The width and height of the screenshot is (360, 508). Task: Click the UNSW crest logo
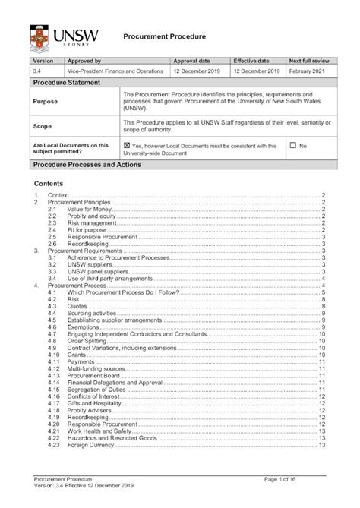(x=38, y=35)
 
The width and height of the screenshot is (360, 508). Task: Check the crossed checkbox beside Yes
(x=126, y=145)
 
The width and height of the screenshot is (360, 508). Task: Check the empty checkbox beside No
(x=292, y=145)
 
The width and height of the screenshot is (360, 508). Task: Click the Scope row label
(x=43, y=126)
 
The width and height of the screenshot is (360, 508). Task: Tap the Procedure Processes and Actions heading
(x=86, y=164)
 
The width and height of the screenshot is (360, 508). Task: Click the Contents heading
(x=49, y=185)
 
